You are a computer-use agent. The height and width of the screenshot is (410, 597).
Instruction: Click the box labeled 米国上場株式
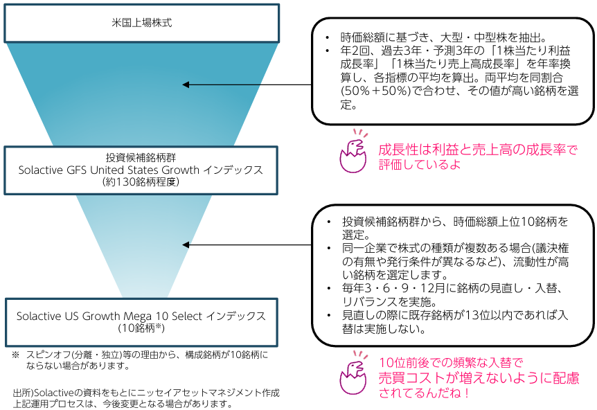[141, 23]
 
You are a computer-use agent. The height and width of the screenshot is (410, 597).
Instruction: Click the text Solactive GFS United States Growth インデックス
[141, 170]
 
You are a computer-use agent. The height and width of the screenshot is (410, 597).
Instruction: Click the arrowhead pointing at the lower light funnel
[186, 244]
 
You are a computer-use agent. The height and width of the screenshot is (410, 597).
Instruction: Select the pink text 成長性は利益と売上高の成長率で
[477, 150]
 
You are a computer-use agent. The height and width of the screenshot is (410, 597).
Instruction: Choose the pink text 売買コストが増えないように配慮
[479, 377]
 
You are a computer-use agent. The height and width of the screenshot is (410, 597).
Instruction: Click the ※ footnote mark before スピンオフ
[15, 354]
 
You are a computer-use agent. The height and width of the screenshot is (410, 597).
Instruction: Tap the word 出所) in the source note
[23, 393]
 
